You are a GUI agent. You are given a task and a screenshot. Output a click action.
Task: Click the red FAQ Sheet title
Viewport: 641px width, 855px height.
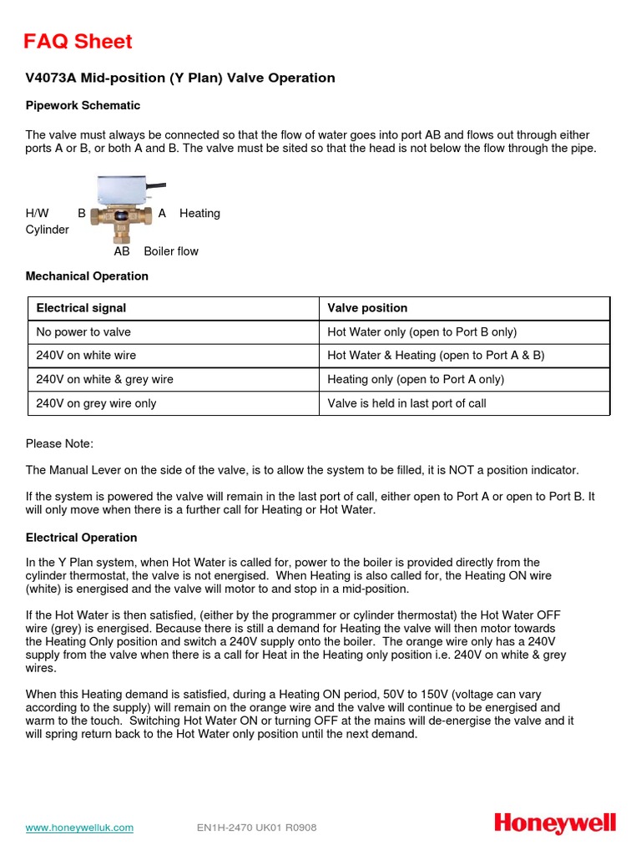(x=78, y=42)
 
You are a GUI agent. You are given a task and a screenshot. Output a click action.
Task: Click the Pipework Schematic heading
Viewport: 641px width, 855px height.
(x=83, y=106)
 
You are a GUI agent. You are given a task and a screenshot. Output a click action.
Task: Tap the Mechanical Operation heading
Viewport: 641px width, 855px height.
(x=87, y=276)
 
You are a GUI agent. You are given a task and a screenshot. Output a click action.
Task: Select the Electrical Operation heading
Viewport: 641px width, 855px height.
(x=81, y=538)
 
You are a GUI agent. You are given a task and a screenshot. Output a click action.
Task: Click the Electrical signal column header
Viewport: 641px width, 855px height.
(x=81, y=308)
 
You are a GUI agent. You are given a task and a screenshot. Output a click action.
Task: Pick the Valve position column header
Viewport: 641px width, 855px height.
(x=367, y=308)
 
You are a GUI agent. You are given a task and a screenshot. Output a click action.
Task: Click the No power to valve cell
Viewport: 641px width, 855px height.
(x=83, y=331)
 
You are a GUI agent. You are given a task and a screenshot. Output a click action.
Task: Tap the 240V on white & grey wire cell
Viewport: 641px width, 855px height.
(x=104, y=379)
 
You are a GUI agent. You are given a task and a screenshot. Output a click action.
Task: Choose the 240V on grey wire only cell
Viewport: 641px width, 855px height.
(x=96, y=403)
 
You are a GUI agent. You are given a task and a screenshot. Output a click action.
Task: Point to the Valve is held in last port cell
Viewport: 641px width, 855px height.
(x=406, y=403)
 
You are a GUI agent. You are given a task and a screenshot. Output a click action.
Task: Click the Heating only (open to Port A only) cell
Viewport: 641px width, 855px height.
(x=416, y=379)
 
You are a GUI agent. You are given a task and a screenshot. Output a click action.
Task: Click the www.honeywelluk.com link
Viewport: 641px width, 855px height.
(x=79, y=827)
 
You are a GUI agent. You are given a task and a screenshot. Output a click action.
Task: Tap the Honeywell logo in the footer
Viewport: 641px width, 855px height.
(x=555, y=824)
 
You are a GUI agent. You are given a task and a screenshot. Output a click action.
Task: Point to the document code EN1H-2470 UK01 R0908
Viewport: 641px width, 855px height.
(x=256, y=827)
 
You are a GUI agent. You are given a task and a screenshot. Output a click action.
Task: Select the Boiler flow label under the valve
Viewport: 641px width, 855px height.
(x=171, y=251)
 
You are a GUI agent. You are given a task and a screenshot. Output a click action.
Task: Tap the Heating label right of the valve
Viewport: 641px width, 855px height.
(x=199, y=214)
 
